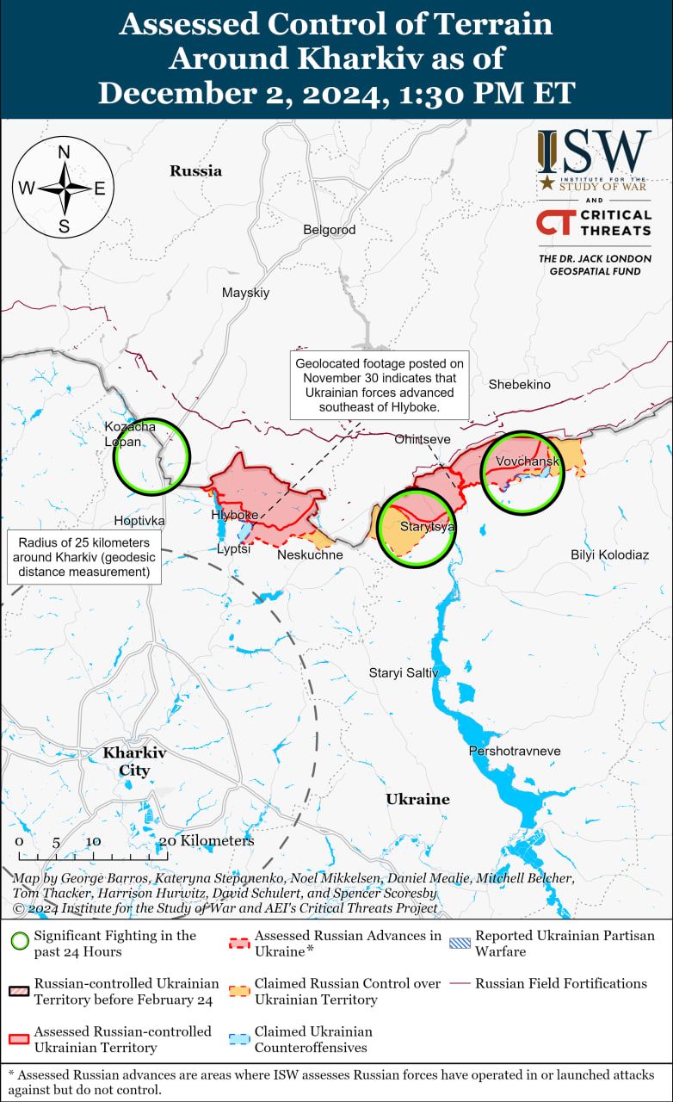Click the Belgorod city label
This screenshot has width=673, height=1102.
coord(329,230)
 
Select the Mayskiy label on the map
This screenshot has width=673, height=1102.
coord(245,293)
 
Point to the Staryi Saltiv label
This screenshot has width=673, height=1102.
coord(404,672)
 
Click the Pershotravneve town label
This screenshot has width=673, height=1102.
coord(514,752)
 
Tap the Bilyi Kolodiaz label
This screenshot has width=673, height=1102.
coord(609,554)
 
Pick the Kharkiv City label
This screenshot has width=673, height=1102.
coord(134,761)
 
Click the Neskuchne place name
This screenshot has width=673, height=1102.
coord(310,554)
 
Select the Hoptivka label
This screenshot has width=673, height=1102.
coord(139,521)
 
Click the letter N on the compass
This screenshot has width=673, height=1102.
coord(64,153)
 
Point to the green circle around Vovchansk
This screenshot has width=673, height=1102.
coord(522,473)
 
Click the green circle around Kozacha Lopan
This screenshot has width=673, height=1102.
coord(152,456)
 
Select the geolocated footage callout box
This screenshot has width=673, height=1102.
coord(379,384)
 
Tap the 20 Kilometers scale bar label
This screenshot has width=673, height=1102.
coord(207,840)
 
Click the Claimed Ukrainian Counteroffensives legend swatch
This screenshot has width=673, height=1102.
coord(240,1039)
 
